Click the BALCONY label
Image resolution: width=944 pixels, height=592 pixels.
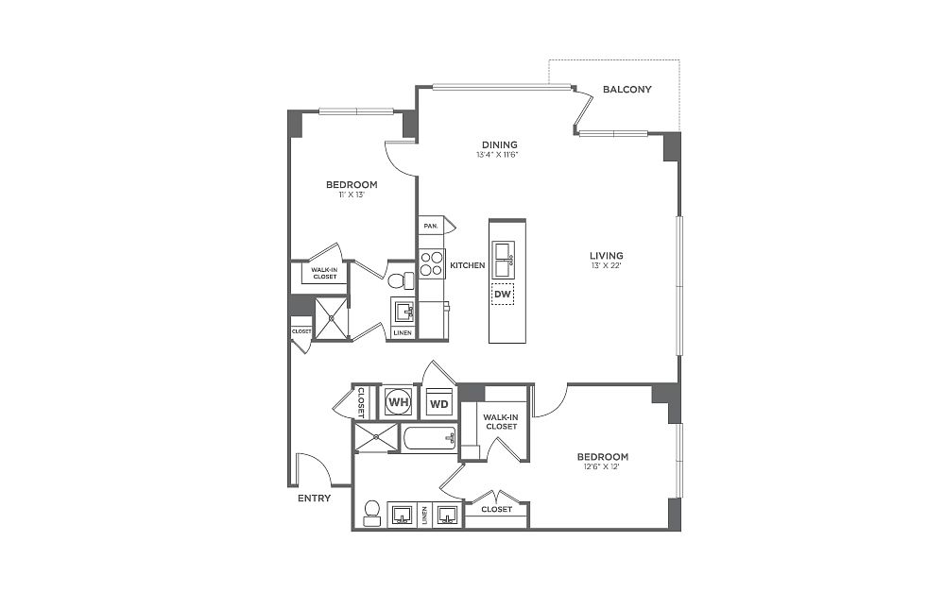[626, 90]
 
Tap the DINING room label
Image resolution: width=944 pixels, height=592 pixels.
[499, 144]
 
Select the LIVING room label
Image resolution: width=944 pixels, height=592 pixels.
[607, 256]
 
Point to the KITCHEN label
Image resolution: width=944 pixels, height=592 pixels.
[468, 265]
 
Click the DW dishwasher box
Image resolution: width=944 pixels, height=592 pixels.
[503, 295]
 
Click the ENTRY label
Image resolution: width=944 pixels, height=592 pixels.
[315, 499]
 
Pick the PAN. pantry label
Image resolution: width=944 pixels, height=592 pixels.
[431, 227]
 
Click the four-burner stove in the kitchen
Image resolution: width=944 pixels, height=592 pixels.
[432, 263]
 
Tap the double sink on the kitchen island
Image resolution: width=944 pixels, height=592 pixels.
[504, 260]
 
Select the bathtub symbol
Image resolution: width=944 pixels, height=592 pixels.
[429, 438]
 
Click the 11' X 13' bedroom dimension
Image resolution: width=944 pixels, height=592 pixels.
[352, 195]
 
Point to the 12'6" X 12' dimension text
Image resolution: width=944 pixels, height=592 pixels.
[601, 466]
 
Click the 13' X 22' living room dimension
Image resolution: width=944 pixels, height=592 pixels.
[607, 265]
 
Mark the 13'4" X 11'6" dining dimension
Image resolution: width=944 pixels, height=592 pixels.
[498, 155]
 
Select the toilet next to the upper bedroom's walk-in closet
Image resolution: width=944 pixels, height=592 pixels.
[402, 280]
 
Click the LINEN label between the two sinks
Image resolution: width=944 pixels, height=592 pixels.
[424, 516]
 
